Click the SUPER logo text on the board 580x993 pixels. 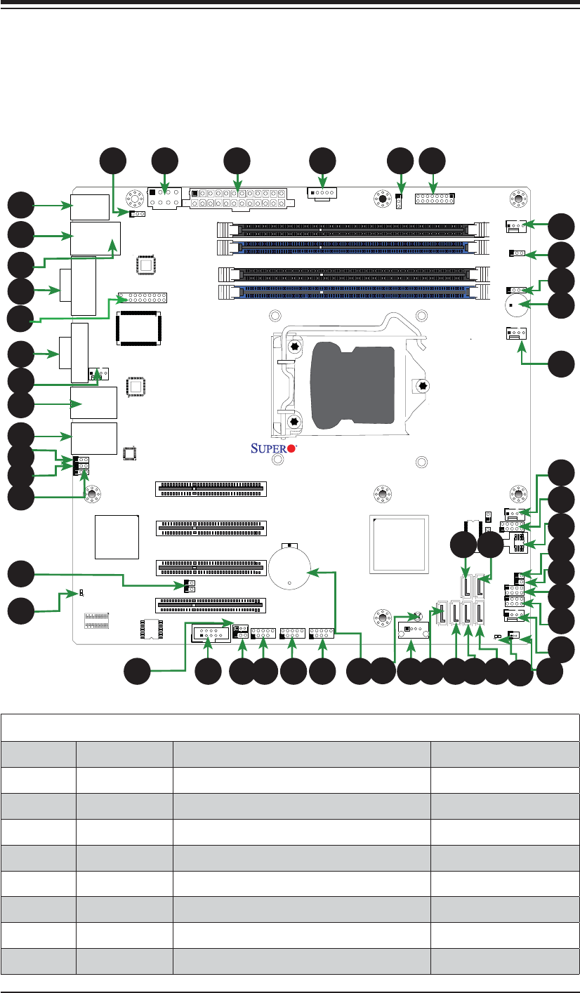269,448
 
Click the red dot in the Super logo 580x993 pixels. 291,448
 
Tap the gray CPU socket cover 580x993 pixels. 353,387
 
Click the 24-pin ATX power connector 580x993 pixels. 242,198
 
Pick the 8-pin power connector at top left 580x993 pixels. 164,198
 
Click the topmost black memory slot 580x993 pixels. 353,229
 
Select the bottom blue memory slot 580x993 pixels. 354,292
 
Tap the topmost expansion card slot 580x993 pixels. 211,489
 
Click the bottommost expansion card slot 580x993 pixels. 211,605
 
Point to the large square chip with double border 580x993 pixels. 399,545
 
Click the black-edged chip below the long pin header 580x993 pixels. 138,328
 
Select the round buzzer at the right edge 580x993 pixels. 516,305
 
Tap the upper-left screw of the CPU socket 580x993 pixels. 294,347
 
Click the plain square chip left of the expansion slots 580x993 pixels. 117,537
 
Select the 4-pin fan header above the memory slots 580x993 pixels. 322,194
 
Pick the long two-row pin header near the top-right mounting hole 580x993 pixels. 435,199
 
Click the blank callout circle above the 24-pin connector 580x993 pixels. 237,161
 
